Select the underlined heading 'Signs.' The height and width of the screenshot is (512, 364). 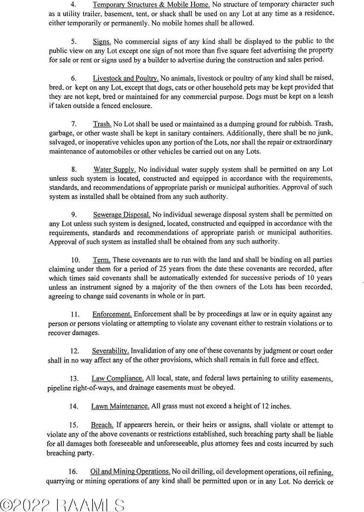pos(102,41)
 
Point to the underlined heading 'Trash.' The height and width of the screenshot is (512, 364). pos(102,124)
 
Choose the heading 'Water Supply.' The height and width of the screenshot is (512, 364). pos(115,169)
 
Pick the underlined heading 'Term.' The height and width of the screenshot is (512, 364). pos(102,260)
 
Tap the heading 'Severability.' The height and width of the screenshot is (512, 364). pos(111,351)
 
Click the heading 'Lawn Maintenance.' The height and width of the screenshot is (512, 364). pos(120,406)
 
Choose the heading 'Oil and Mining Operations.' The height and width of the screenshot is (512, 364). pos(130,471)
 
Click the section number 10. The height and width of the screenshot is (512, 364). pos(75,260)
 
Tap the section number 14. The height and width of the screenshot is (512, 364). pos(73,406)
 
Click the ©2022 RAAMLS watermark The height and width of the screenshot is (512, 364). pos(62,504)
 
